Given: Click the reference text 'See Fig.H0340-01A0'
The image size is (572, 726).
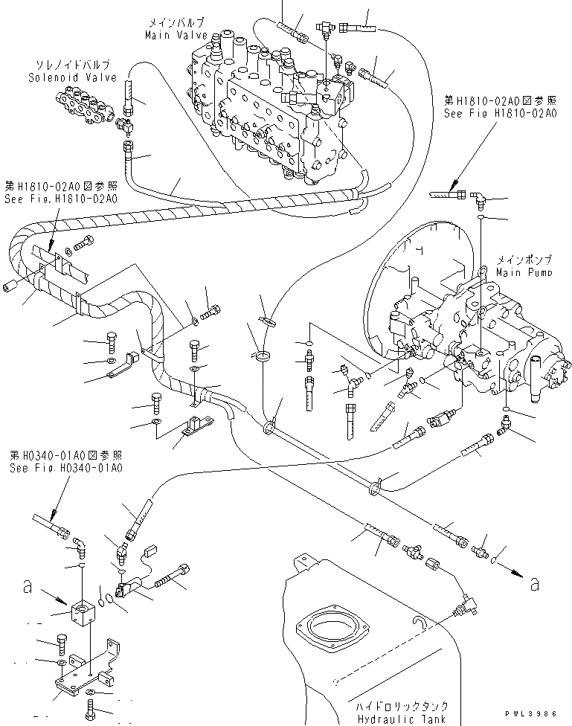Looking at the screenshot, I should (65, 468).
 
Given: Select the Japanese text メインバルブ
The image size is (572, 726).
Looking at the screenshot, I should (176, 24).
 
